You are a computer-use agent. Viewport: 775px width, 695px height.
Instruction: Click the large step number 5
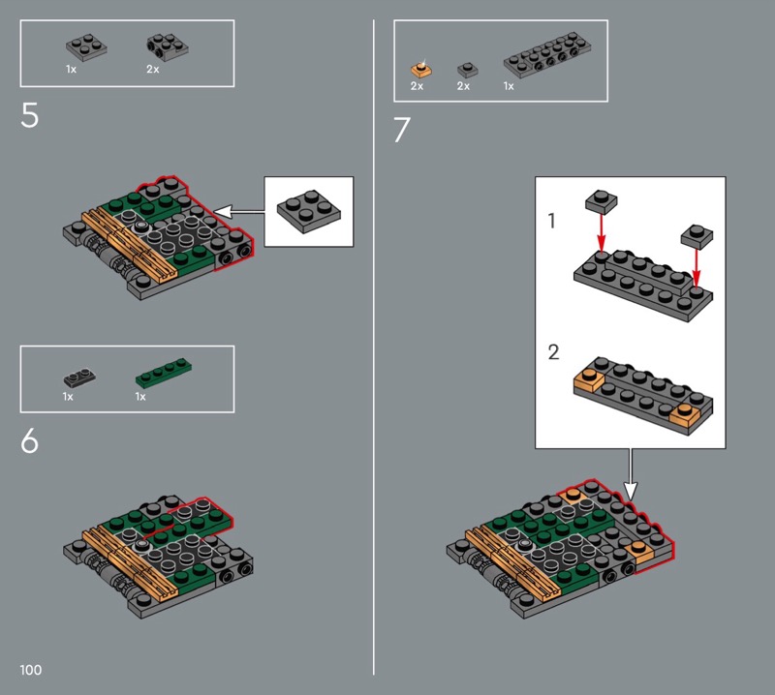click(29, 115)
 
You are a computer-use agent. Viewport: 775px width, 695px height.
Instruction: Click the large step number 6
click(29, 440)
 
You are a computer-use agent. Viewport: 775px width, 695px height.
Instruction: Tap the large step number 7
click(402, 130)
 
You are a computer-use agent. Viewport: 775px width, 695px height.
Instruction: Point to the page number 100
click(31, 670)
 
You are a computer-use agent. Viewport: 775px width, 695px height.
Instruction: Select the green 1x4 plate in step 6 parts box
click(164, 373)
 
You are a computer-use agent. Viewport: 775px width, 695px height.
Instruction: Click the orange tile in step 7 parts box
click(421, 69)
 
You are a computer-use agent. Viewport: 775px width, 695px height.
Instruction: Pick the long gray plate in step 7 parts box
click(547, 55)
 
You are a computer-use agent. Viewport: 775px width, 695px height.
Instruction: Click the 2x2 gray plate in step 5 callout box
click(309, 211)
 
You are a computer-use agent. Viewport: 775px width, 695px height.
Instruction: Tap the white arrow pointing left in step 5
click(239, 212)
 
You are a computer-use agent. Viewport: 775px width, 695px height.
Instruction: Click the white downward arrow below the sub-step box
click(631, 474)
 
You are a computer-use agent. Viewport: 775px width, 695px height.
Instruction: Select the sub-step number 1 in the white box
click(552, 221)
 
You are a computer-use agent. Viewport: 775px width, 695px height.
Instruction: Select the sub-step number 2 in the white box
click(553, 352)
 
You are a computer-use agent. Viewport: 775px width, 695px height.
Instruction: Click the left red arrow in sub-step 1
click(601, 232)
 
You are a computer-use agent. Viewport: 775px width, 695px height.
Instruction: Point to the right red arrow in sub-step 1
click(697, 268)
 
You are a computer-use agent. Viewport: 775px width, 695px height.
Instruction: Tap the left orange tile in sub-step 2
click(589, 380)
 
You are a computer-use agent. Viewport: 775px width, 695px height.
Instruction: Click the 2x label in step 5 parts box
click(153, 70)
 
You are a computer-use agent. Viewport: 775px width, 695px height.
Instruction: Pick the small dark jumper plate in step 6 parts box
click(79, 378)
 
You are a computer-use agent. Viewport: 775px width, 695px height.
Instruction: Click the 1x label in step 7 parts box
click(509, 86)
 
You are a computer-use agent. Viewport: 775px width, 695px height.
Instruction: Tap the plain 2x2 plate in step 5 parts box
click(86, 47)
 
